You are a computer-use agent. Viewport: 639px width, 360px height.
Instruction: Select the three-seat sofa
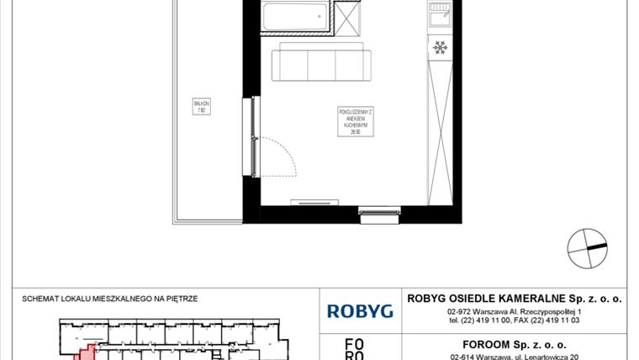click(322, 64)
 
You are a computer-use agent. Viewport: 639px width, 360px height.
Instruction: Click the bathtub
click(294, 17)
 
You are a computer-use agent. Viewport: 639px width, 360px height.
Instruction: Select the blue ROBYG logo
click(360, 311)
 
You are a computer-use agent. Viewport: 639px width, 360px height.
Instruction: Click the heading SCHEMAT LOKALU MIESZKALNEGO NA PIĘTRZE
click(111, 298)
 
